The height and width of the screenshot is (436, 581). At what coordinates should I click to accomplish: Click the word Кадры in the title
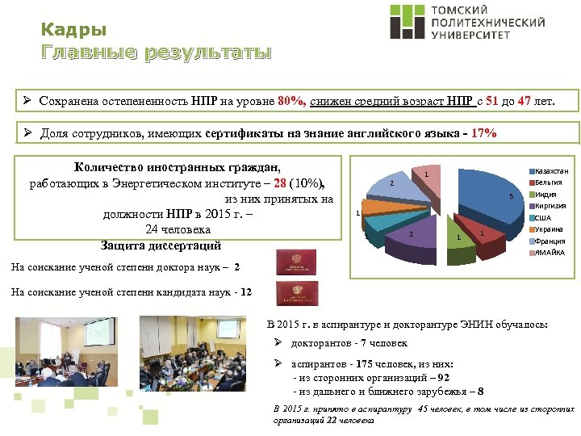(73, 31)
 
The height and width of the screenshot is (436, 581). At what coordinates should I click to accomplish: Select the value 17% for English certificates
(483, 133)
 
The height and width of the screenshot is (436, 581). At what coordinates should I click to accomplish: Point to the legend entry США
(543, 218)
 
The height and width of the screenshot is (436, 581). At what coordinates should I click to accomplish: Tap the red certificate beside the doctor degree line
(298, 262)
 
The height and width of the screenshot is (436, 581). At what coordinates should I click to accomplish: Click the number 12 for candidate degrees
(246, 292)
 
